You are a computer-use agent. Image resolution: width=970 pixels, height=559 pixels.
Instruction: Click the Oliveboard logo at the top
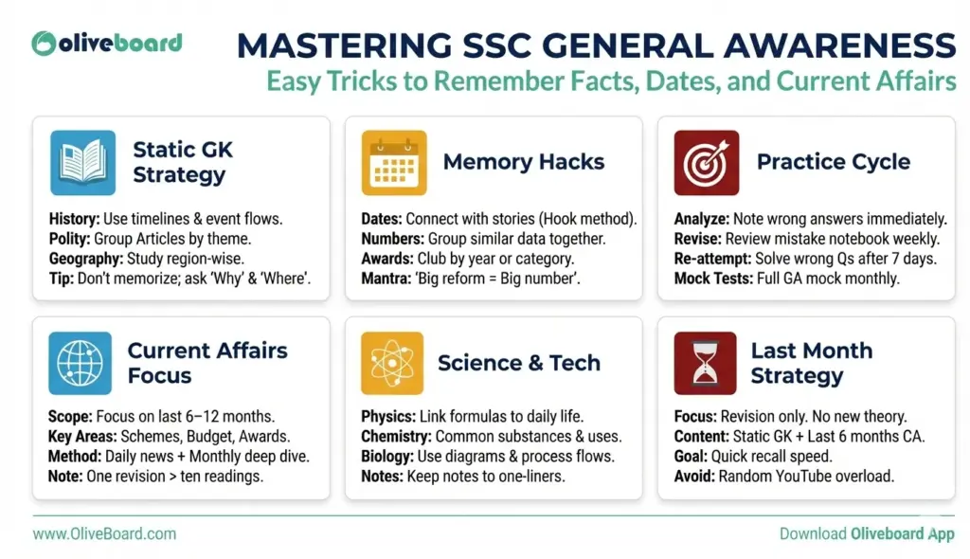[x=106, y=43]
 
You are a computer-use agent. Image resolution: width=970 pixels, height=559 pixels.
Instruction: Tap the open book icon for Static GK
[x=82, y=162]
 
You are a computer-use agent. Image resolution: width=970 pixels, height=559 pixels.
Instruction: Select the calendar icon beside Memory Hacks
[x=394, y=162]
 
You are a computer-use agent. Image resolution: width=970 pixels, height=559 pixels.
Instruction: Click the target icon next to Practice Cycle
[x=706, y=162]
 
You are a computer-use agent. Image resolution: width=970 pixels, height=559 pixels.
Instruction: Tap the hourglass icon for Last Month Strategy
[x=706, y=363]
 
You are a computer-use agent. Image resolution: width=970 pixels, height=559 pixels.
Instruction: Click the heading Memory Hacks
[x=523, y=162]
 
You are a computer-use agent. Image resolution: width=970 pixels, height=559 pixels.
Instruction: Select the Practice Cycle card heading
[x=833, y=162]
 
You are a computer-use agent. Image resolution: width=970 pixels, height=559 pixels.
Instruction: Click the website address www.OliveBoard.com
[x=104, y=533]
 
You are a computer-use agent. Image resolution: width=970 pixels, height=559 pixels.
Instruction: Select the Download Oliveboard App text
[x=866, y=533]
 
